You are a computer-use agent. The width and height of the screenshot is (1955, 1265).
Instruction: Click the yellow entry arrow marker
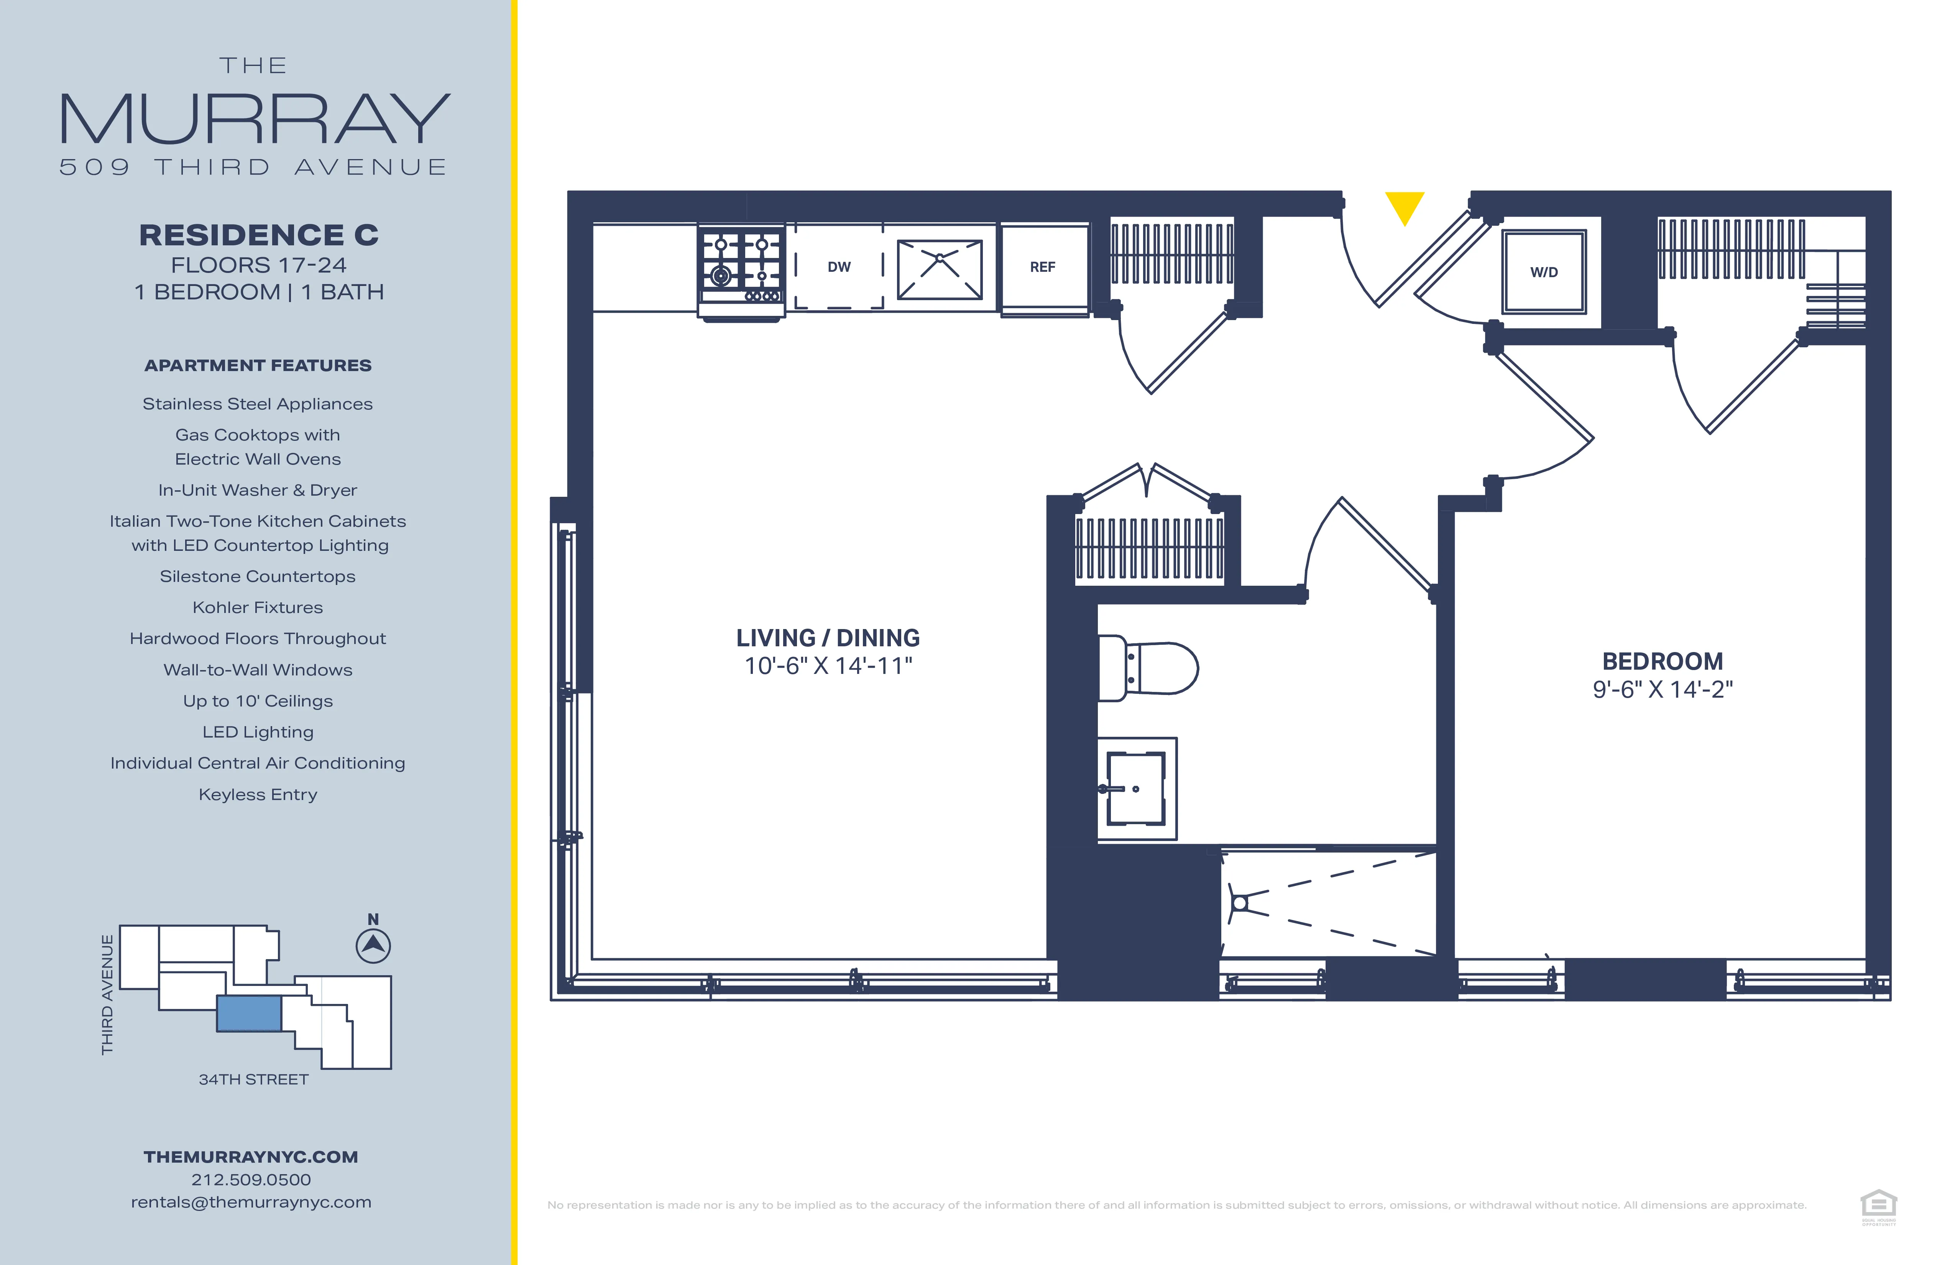1405,206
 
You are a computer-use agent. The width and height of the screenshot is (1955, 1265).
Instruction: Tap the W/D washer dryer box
1543,272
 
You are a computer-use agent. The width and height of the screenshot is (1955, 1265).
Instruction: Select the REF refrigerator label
1042,267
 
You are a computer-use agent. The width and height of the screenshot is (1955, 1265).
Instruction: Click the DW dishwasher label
839,267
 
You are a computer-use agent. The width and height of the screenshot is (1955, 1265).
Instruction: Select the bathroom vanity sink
1136,789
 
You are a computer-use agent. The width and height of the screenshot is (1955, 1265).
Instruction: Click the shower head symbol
1240,904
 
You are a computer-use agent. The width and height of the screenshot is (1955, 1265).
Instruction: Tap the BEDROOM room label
1663,661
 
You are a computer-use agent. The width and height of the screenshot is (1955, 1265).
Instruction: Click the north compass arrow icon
373,945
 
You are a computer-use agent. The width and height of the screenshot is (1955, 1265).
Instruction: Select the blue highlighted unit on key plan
249,1013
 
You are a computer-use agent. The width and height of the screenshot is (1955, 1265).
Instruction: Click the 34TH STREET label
254,1079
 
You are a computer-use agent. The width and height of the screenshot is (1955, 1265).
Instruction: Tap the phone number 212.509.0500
251,1180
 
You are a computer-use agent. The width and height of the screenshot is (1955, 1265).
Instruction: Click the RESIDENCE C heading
259,235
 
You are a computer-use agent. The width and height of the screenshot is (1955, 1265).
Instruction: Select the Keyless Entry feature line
258,794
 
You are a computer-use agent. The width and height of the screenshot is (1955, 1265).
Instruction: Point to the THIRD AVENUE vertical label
108,994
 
